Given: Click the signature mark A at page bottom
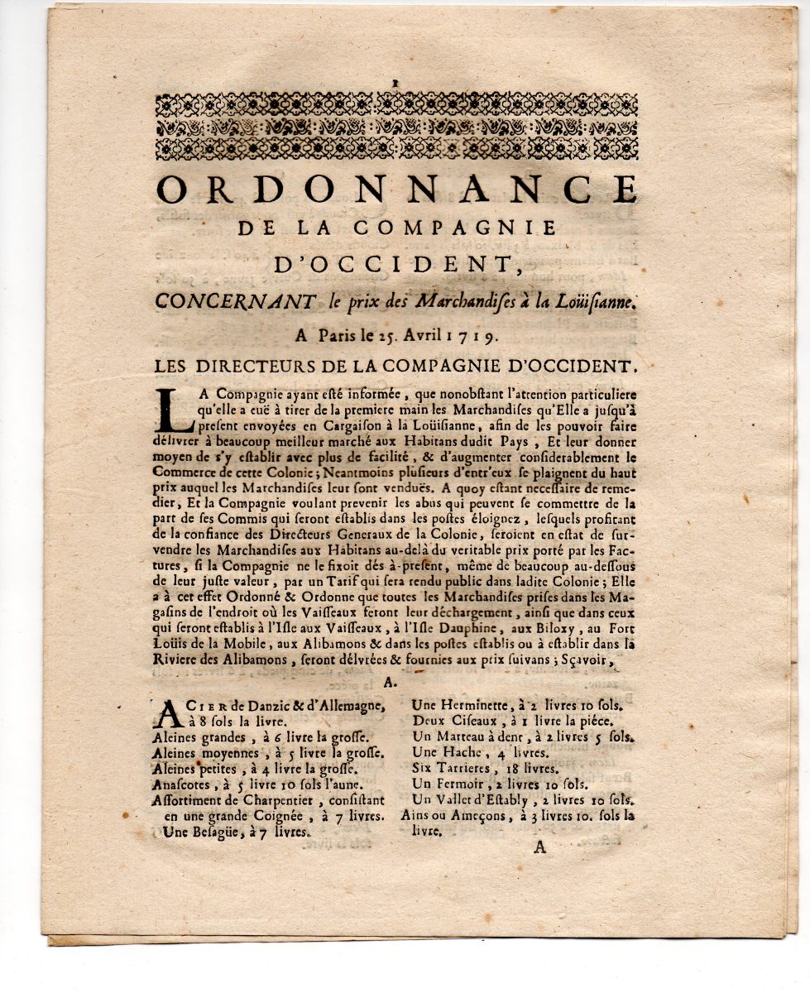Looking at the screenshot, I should [x=540, y=847].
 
